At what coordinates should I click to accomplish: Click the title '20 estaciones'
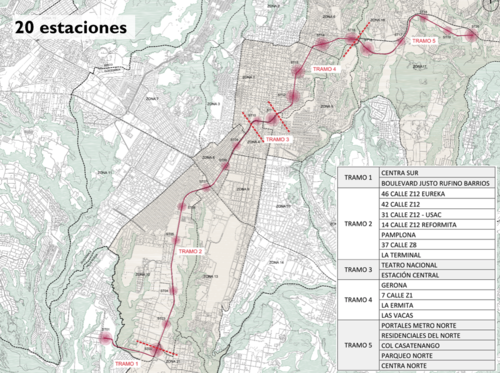(x=70, y=27)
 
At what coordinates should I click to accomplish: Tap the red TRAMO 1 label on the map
(x=127, y=363)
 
